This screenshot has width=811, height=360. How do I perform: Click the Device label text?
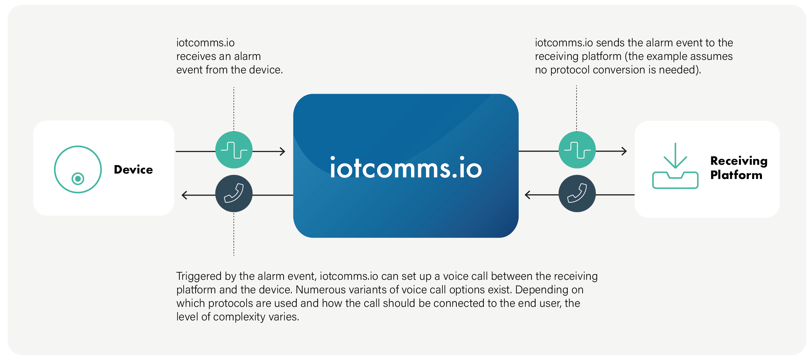(x=133, y=170)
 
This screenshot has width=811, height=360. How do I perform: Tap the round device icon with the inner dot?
(x=78, y=170)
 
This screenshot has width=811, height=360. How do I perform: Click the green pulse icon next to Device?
(x=234, y=150)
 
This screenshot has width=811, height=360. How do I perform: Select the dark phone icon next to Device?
(x=234, y=194)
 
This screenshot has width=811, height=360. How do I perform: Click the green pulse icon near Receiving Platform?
(x=577, y=150)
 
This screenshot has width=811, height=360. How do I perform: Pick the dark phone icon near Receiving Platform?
(x=577, y=194)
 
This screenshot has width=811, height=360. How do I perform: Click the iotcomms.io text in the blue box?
(x=406, y=168)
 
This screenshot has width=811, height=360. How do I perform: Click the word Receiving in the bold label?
(x=739, y=161)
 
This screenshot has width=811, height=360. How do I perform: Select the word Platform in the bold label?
(x=736, y=175)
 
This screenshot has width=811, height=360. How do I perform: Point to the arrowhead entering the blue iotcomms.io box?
(x=283, y=151)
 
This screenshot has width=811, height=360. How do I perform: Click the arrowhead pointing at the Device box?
(x=184, y=195)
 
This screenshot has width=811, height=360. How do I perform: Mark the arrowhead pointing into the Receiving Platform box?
(x=624, y=151)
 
